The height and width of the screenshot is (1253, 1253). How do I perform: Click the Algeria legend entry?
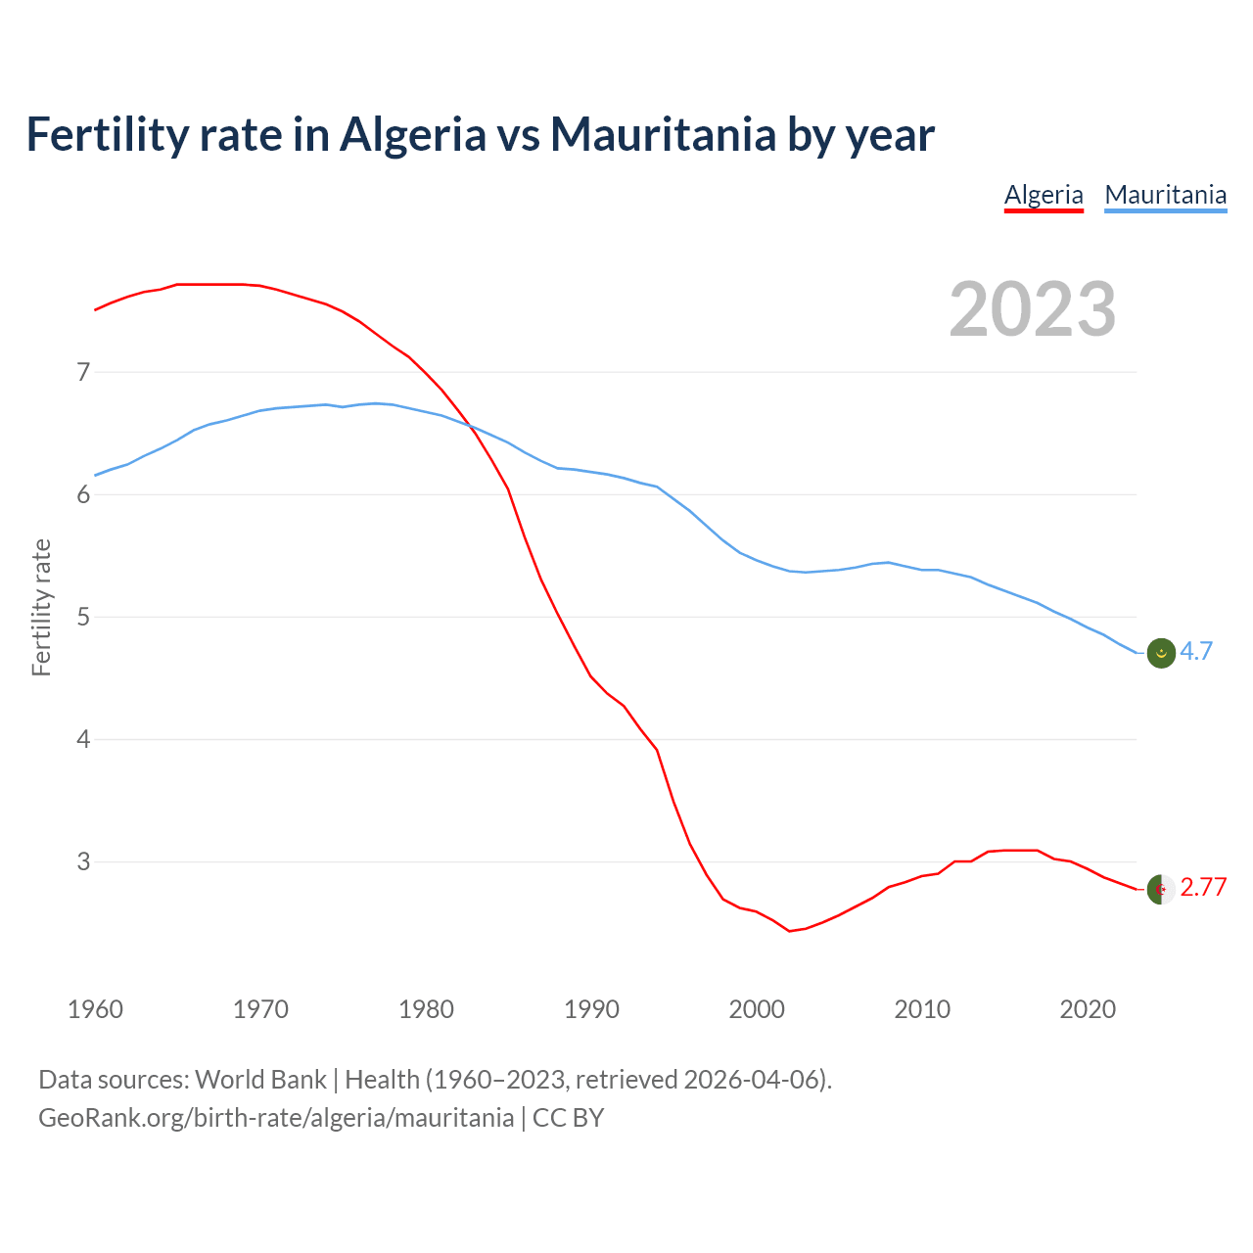[x=1044, y=195]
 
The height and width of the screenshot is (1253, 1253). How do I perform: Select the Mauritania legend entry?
[x=1165, y=195]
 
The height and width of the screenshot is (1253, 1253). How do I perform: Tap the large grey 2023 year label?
[x=1033, y=309]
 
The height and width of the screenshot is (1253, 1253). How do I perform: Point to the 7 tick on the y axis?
[x=83, y=372]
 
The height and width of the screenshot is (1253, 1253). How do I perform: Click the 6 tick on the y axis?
[x=83, y=494]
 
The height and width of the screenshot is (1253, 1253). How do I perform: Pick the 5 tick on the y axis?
[x=83, y=617]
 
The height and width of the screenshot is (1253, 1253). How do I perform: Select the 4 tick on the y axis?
[x=83, y=739]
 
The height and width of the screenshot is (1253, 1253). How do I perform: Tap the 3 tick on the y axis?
[x=83, y=861]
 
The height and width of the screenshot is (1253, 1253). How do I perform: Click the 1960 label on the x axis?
[x=95, y=1009]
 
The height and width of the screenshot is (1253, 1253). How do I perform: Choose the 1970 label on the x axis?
[x=260, y=1009]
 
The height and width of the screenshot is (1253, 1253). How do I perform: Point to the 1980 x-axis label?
[x=426, y=1009]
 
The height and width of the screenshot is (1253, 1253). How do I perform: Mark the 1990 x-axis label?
[x=591, y=1009]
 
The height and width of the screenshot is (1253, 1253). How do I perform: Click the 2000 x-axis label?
[x=757, y=1009]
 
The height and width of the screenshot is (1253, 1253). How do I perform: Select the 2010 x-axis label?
[x=922, y=1009]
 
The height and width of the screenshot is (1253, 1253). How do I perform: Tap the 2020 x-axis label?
[x=1088, y=1009]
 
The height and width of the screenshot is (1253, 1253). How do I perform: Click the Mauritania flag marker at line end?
[x=1161, y=653]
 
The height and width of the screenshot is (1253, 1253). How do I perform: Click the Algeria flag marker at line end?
[x=1161, y=889]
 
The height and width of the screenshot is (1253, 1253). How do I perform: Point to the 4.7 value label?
[x=1196, y=652]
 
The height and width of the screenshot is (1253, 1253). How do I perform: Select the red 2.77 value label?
[x=1203, y=888]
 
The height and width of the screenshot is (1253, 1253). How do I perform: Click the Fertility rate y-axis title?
[x=41, y=607]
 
